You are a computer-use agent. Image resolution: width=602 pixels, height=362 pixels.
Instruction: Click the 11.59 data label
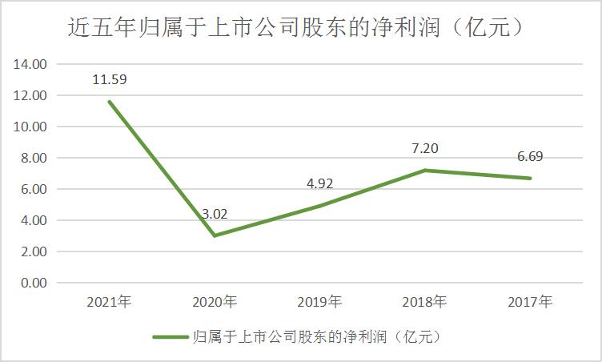pos(110,80)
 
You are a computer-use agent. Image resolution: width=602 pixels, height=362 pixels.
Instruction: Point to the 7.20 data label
pos(424,148)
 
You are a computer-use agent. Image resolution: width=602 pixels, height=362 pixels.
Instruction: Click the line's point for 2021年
pos(110,102)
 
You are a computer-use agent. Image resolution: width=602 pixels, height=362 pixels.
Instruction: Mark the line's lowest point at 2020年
pos(215,235)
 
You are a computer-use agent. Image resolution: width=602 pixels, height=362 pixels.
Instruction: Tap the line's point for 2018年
pos(425,171)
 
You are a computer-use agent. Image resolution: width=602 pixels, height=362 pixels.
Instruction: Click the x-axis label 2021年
pos(110,303)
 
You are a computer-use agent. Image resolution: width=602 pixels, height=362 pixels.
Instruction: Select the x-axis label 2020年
pos(215,303)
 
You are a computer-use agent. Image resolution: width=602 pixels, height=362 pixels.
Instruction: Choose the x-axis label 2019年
pos(319,303)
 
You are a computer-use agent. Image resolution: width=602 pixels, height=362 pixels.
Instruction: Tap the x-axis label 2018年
pos(425,303)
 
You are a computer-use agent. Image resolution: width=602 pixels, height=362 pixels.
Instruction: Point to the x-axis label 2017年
pos(530,303)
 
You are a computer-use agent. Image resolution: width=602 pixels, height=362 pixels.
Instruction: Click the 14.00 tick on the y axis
pos(33,64)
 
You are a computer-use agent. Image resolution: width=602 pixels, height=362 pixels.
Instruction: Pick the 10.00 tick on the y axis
pos(33,127)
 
